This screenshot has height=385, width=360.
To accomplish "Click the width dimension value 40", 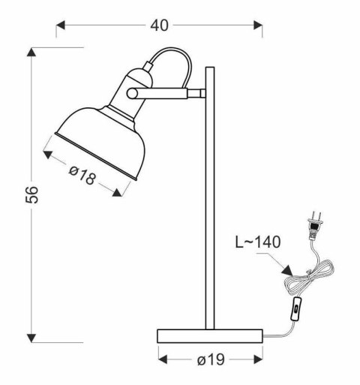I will [158, 26].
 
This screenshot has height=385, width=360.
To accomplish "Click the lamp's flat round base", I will [210, 335].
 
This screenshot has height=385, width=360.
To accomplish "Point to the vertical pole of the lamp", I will [211, 203].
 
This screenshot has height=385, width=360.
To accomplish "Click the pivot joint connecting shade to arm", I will [132, 92].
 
